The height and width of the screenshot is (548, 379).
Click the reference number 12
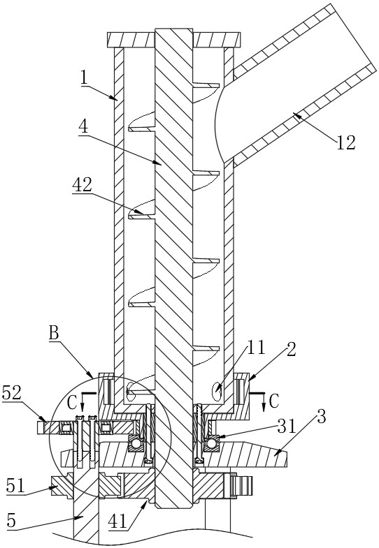tap(345, 142)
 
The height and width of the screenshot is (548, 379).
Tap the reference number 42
tap(83, 185)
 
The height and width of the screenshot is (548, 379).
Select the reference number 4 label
tap(83, 126)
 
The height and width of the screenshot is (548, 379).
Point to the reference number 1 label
tap(84, 77)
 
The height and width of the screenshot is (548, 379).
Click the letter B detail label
tap(54, 333)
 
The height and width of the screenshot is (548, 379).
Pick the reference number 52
tap(12, 393)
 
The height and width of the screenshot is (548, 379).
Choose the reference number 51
tap(16, 486)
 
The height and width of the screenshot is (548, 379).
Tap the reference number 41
tap(117, 521)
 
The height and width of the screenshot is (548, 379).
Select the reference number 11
tap(257, 348)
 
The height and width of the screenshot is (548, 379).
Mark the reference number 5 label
tap(12, 521)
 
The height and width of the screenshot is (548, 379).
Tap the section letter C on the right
tap(273, 402)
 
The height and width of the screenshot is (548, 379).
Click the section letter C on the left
tap(72, 403)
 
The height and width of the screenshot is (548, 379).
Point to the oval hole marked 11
tap(217, 389)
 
